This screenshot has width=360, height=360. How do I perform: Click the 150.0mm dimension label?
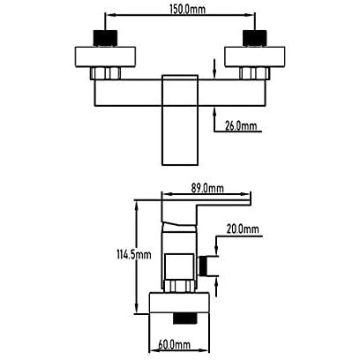187,9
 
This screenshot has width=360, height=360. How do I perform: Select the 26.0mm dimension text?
241,126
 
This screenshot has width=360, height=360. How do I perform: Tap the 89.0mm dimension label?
207,188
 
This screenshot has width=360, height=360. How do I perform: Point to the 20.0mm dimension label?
243,229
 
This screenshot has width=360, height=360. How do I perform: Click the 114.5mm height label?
134,254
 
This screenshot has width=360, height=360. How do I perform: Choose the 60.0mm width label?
174,344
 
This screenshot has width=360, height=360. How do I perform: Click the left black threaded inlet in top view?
105,38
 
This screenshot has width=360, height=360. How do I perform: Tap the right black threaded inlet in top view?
255,38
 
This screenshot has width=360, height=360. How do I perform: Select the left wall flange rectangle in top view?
105,56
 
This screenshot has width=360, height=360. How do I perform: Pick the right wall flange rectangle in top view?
255,56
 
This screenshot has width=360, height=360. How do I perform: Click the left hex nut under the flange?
105,73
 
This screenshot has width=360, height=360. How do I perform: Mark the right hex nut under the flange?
255,73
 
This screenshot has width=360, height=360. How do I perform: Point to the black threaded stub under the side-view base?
184,319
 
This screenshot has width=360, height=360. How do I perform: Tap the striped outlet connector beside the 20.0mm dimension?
203,266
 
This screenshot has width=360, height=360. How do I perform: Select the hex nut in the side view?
179,286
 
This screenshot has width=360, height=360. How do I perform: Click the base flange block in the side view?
179,303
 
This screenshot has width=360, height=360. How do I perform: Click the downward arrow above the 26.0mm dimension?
214,69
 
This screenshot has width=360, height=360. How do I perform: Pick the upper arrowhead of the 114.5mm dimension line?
136,206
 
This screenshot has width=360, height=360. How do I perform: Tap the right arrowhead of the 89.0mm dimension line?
244,194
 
